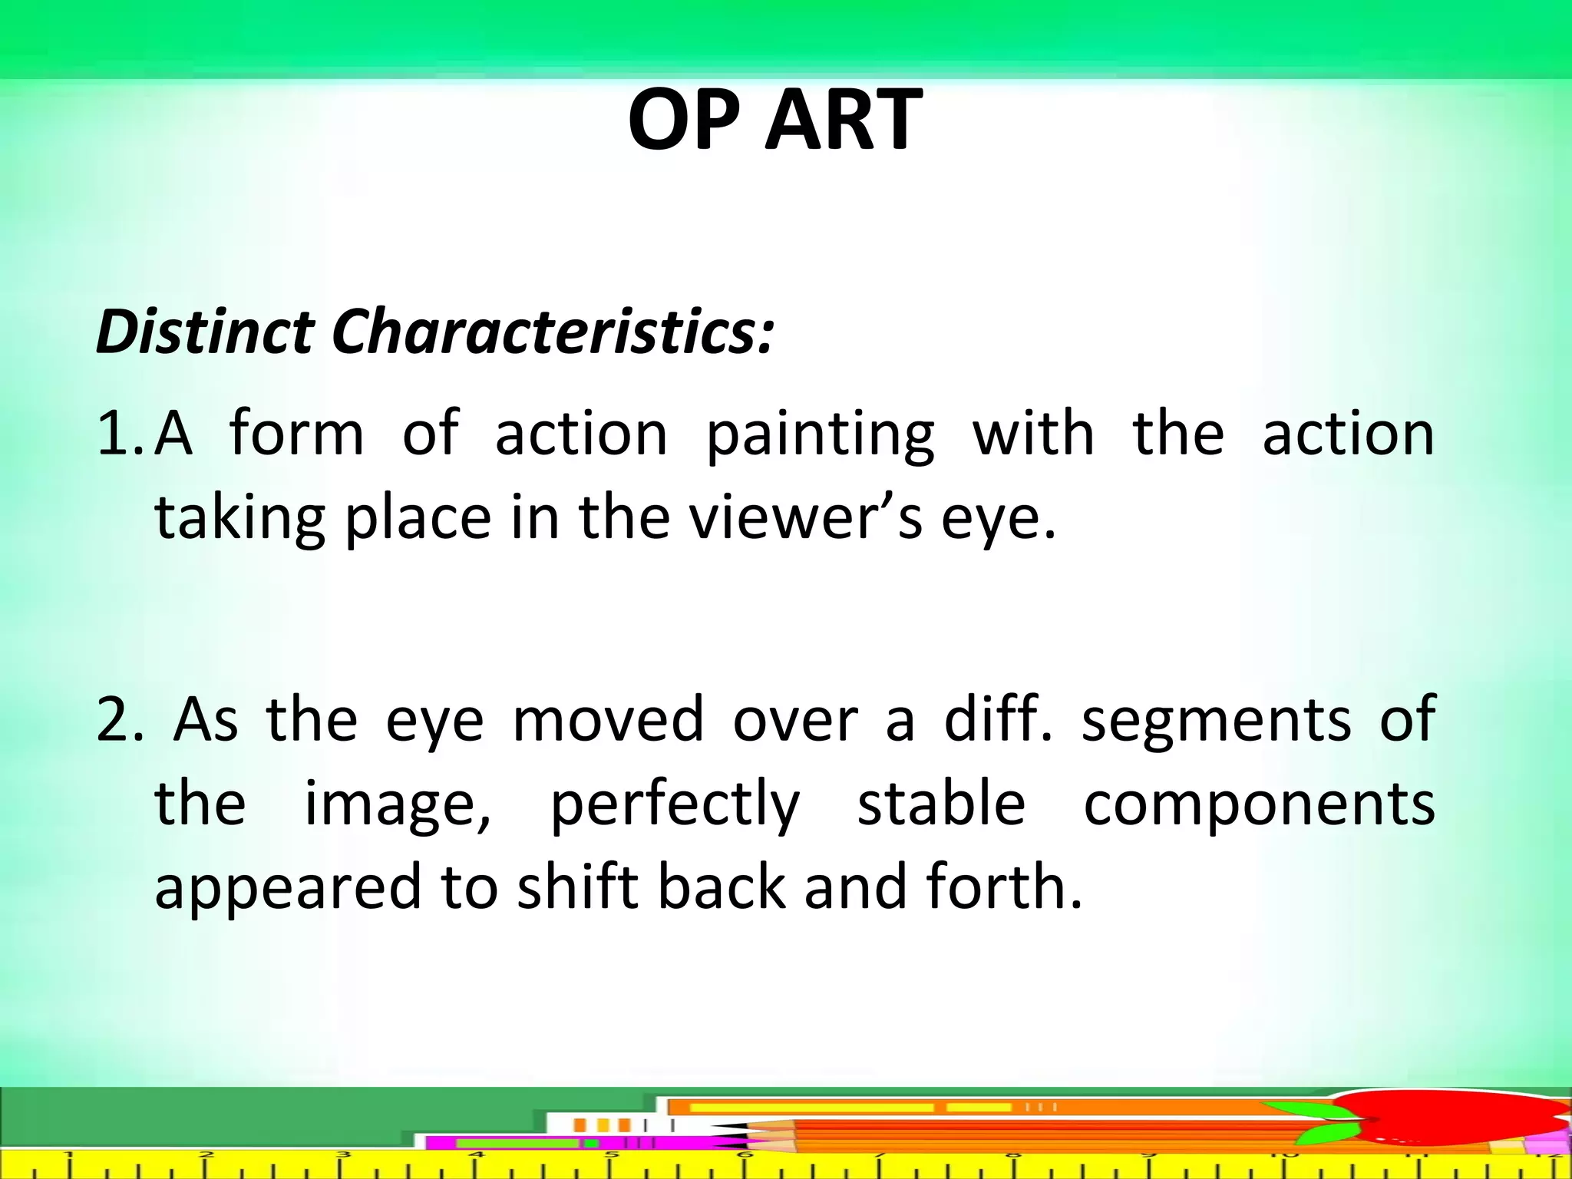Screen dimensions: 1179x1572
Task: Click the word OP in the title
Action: click(x=685, y=121)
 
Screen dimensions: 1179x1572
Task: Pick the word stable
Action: click(x=941, y=803)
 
